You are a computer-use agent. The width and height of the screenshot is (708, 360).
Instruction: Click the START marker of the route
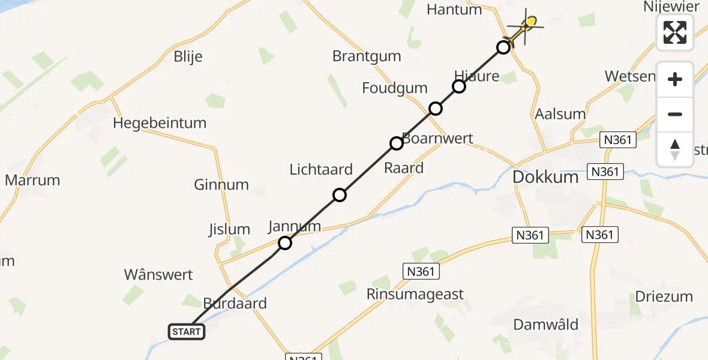tap(187, 331)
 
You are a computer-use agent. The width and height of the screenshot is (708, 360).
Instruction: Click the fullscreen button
tap(675, 32)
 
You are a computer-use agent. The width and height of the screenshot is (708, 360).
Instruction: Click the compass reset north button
tap(675, 149)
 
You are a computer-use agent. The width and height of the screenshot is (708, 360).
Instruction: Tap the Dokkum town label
tap(545, 178)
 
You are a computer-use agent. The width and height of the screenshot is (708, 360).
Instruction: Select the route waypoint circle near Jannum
tap(285, 243)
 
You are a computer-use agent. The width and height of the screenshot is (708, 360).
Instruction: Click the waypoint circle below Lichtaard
tap(340, 195)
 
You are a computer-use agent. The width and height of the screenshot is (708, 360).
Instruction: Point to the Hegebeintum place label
tap(160, 124)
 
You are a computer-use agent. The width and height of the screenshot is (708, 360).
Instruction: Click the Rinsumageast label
tap(415, 294)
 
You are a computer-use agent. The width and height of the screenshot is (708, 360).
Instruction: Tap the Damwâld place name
tap(546, 325)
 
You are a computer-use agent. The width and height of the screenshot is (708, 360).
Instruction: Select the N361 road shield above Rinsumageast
tap(420, 271)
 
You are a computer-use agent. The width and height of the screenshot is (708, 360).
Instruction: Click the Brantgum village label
tap(367, 56)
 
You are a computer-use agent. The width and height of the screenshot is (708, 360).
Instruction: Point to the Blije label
tap(188, 57)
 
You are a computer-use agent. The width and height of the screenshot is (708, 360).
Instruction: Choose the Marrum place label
tap(32, 180)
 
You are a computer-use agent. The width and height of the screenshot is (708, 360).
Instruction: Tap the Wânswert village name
tap(158, 275)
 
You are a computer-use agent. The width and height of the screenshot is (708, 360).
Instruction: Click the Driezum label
tap(664, 296)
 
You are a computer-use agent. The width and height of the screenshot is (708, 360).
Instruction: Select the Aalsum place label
tap(560, 114)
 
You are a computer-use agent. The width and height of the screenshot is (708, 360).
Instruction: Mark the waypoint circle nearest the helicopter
tap(503, 47)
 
